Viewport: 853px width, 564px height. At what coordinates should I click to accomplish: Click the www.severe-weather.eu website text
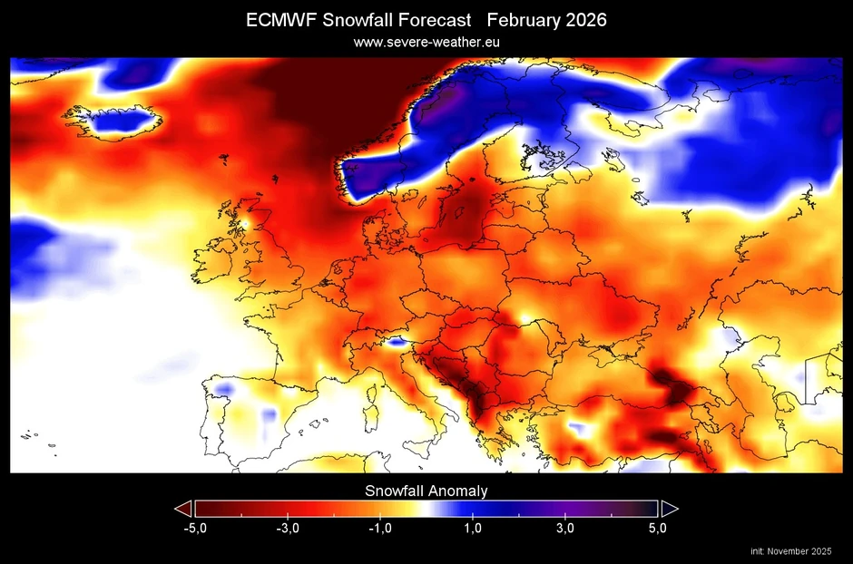pos(426,42)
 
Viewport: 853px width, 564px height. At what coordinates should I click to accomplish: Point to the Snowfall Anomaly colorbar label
pos(426,491)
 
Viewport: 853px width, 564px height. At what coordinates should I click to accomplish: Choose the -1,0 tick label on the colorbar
pos(379,529)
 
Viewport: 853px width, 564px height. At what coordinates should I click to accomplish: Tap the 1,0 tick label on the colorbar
pos(473,529)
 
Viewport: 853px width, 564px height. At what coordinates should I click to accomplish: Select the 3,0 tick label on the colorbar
pos(565,529)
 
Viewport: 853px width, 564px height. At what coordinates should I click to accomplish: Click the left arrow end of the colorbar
pos(182,508)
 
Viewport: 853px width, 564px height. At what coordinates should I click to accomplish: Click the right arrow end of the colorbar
pos(670,508)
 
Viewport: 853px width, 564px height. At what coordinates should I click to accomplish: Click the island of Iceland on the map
pos(113,121)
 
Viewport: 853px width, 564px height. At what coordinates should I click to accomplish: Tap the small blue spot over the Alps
pos(395,342)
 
